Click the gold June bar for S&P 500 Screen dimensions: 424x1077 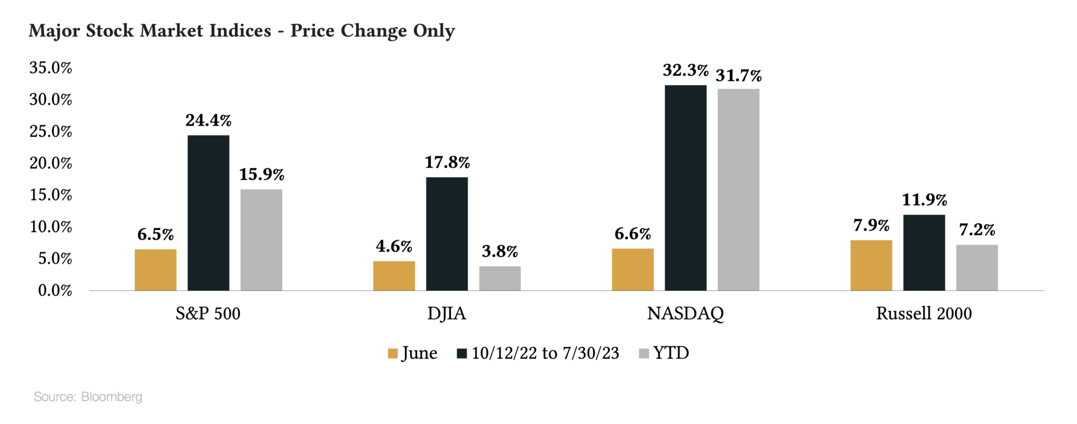click(155, 269)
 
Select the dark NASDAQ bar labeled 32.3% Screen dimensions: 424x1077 click(685, 188)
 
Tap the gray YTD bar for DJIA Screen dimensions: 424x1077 click(500, 278)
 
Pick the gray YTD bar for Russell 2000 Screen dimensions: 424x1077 click(977, 267)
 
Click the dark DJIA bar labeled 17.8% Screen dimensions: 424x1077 click(446, 234)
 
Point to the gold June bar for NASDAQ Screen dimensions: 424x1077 click(633, 269)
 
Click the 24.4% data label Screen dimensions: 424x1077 click(208, 120)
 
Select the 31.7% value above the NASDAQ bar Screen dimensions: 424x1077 click(738, 76)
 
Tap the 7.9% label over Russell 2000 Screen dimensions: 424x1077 click(871, 225)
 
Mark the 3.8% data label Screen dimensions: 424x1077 click(500, 251)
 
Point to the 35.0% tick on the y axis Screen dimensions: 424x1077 click(50, 68)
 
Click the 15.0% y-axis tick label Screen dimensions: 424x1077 click(50, 195)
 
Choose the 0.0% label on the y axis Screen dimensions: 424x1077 click(55, 290)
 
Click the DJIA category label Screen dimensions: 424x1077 click(446, 314)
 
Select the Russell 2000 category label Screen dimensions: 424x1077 click(923, 314)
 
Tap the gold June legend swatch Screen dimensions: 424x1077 click(392, 354)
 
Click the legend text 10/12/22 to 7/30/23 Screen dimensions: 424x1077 click(545, 353)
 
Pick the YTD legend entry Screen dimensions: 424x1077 click(671, 353)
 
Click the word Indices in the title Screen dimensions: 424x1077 click(240, 31)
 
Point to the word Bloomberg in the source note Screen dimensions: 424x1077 click(111, 397)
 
